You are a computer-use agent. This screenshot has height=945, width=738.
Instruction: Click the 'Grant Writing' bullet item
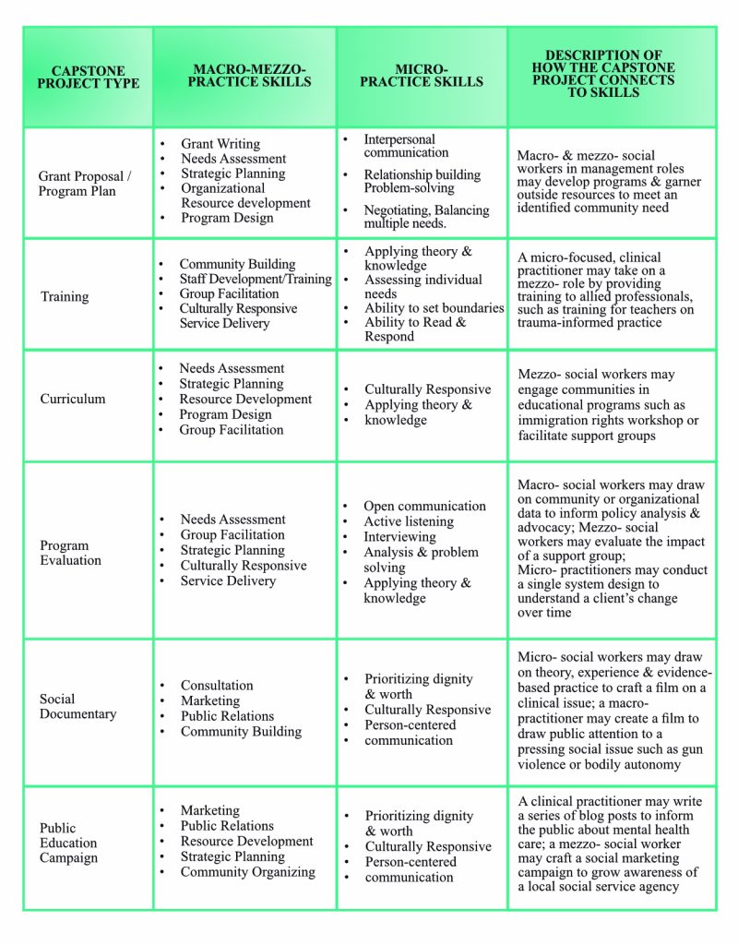click(220, 144)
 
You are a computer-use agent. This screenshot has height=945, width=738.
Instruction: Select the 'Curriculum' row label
click(72, 399)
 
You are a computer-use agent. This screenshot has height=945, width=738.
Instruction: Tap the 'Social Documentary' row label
click(77, 706)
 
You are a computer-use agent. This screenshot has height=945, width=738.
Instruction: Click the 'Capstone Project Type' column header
click(89, 77)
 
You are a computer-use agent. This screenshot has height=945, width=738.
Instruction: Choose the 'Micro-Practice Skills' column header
click(422, 76)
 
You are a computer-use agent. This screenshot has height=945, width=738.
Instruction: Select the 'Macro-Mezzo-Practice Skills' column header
click(244, 76)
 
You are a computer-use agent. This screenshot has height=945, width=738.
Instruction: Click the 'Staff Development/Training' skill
click(256, 279)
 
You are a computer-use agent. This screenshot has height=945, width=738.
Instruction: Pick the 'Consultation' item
click(217, 686)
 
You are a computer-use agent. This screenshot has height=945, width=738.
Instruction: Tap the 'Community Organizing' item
click(247, 872)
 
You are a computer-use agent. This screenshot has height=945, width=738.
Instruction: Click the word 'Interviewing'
click(399, 537)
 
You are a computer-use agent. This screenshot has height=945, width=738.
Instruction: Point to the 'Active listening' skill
click(409, 521)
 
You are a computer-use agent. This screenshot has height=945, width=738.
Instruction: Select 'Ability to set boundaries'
click(434, 308)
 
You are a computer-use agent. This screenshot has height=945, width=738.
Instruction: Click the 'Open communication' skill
click(424, 507)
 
